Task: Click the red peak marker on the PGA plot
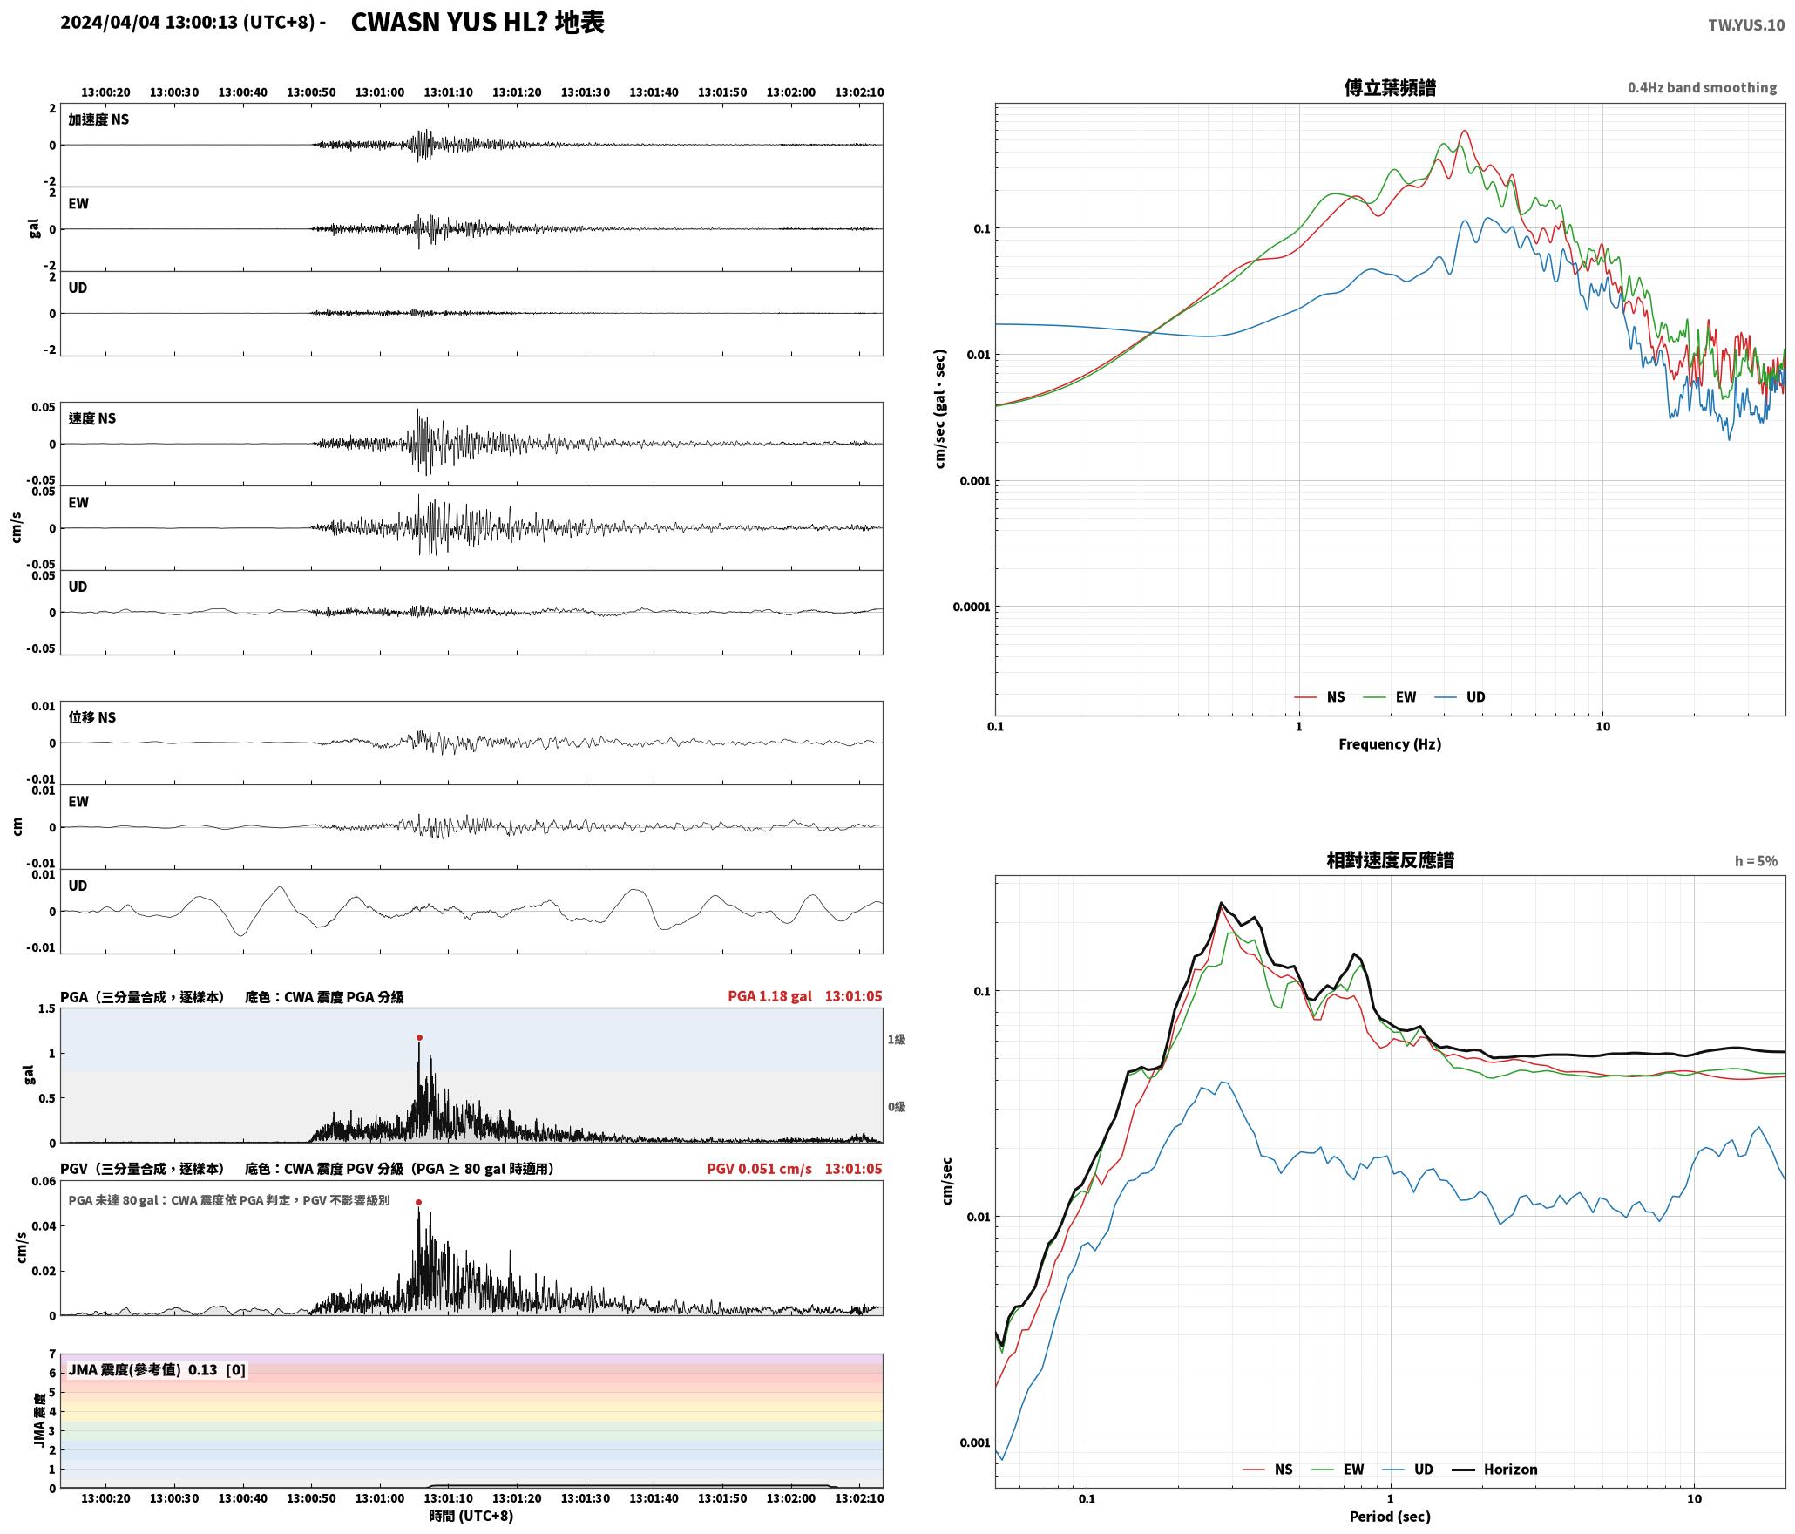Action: click(x=419, y=1037)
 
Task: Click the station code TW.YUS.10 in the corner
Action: click(x=1746, y=25)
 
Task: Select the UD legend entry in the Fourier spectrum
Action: click(x=1461, y=696)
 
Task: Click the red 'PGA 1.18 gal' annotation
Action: click(x=769, y=996)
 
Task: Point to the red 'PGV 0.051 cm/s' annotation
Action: click(x=759, y=1169)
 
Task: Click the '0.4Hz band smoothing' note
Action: click(x=1702, y=87)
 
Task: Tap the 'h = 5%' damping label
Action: click(x=1756, y=861)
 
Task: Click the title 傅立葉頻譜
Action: click(x=1390, y=87)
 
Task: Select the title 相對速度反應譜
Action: click(x=1390, y=860)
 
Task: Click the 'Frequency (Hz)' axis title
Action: click(x=1390, y=743)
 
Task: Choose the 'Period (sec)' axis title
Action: click(x=1390, y=1517)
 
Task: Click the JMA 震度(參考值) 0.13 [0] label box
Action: click(x=157, y=1369)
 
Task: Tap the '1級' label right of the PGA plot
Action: click(x=897, y=1039)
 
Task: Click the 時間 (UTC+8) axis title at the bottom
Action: click(x=471, y=1516)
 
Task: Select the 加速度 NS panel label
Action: click(x=98, y=119)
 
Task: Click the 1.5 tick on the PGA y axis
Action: click(x=46, y=1008)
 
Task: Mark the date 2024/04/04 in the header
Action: click(x=111, y=23)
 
